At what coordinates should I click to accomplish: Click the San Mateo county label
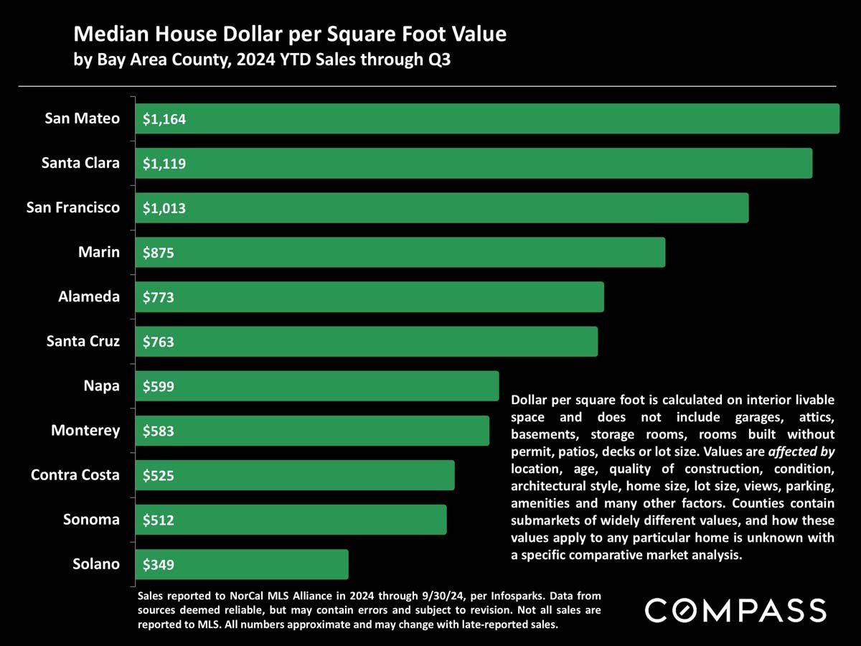pyautogui.click(x=82, y=118)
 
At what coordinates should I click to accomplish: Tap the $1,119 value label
pyautogui.click(x=164, y=164)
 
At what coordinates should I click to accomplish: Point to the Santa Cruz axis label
pyautogui.click(x=83, y=341)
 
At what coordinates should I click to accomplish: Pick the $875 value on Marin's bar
pyautogui.click(x=159, y=253)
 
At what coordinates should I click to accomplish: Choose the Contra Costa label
pyautogui.click(x=75, y=474)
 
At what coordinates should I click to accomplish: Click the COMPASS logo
pyautogui.click(x=735, y=610)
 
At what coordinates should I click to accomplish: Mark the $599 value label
pyautogui.click(x=159, y=387)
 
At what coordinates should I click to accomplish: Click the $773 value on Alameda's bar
pyautogui.click(x=159, y=298)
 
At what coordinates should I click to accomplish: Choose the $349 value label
pyautogui.click(x=159, y=565)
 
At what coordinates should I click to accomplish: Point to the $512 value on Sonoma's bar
pyautogui.click(x=159, y=520)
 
